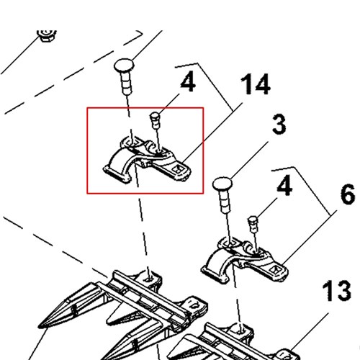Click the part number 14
pos(256,84)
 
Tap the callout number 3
pos(279,124)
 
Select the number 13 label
pos(336,291)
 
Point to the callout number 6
pos(348,194)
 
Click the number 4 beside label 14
pos(188,82)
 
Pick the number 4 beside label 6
pos(284,186)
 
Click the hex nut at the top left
pos(47,35)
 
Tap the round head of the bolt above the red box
pos(124,66)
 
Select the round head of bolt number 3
pos(222,184)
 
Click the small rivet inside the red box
pos(156,120)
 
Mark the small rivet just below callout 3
pos(253,224)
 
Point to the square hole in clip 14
pos(179,169)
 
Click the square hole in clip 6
pos(275,269)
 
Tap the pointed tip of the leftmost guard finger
pos(39,327)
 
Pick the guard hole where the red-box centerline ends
pos(150,279)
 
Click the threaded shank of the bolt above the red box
pos(127,83)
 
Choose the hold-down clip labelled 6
pos(244,260)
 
